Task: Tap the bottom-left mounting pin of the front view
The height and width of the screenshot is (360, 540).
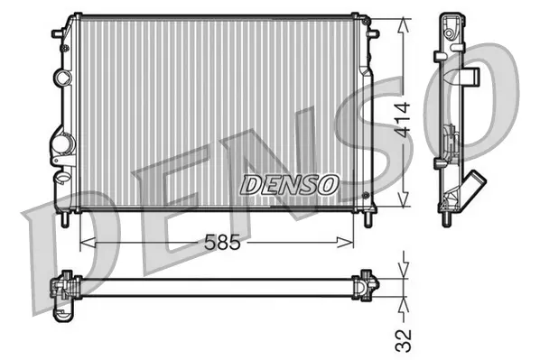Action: click(x=67, y=217)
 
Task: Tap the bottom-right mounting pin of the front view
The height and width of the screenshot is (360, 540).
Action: click(x=368, y=219)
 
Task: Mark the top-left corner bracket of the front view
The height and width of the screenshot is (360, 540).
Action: click(x=61, y=32)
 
